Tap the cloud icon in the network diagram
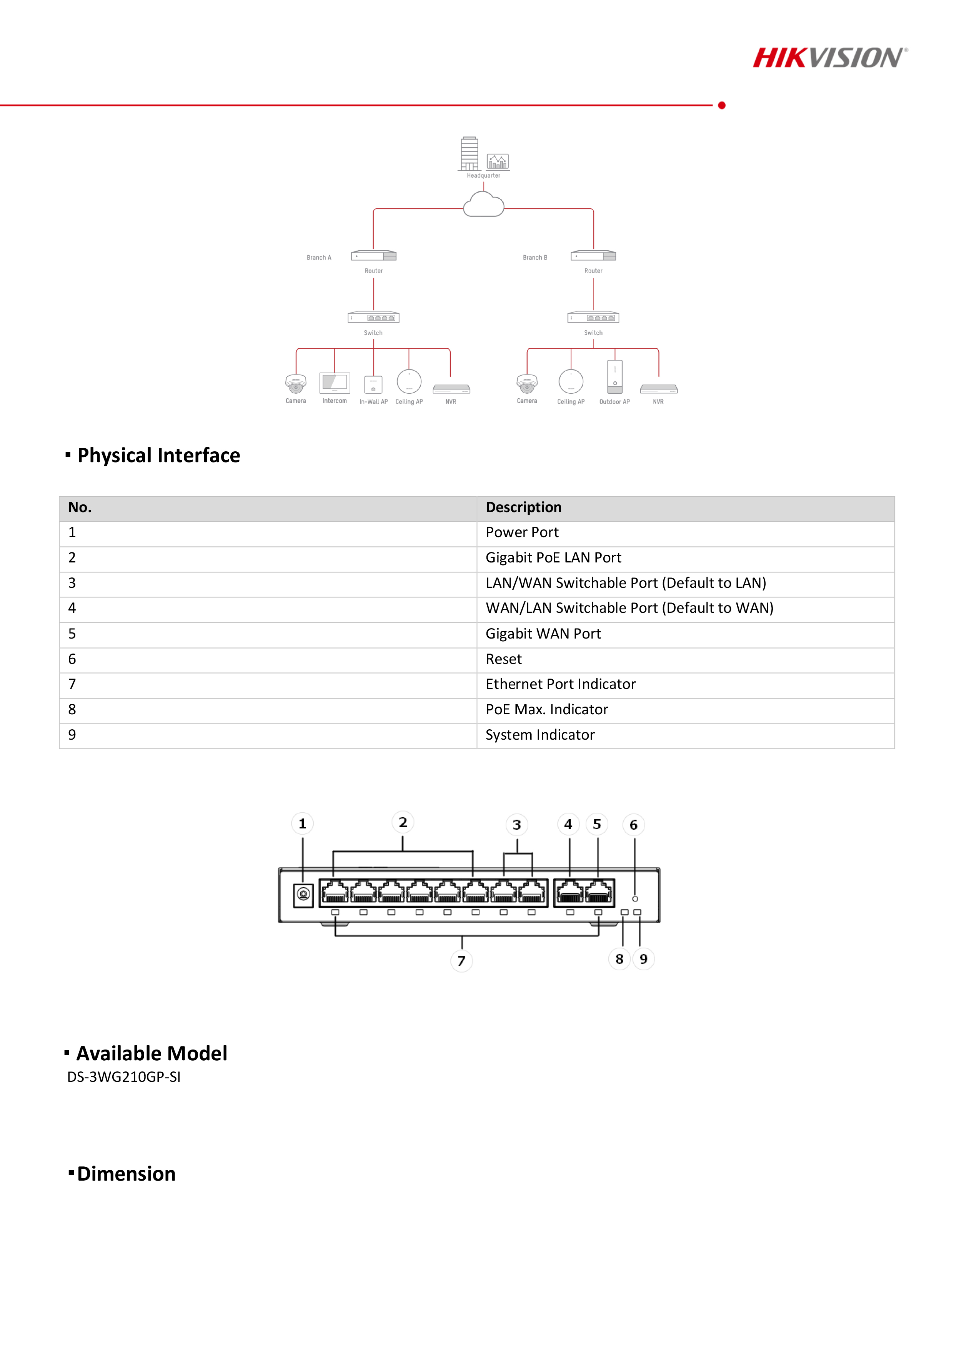tap(483, 205)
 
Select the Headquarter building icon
tap(469, 153)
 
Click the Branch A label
tap(319, 257)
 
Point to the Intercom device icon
tap(335, 383)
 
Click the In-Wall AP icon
tap(373, 384)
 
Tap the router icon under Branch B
tap(593, 256)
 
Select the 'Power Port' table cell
tap(522, 532)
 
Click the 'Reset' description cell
tap(504, 659)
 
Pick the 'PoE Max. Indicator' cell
tap(547, 710)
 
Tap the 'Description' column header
tap(523, 507)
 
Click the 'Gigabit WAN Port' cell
tap(543, 634)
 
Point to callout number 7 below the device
tap(461, 961)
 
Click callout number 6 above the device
tap(634, 825)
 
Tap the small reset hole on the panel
tap(635, 899)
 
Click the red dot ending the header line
tap(722, 105)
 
